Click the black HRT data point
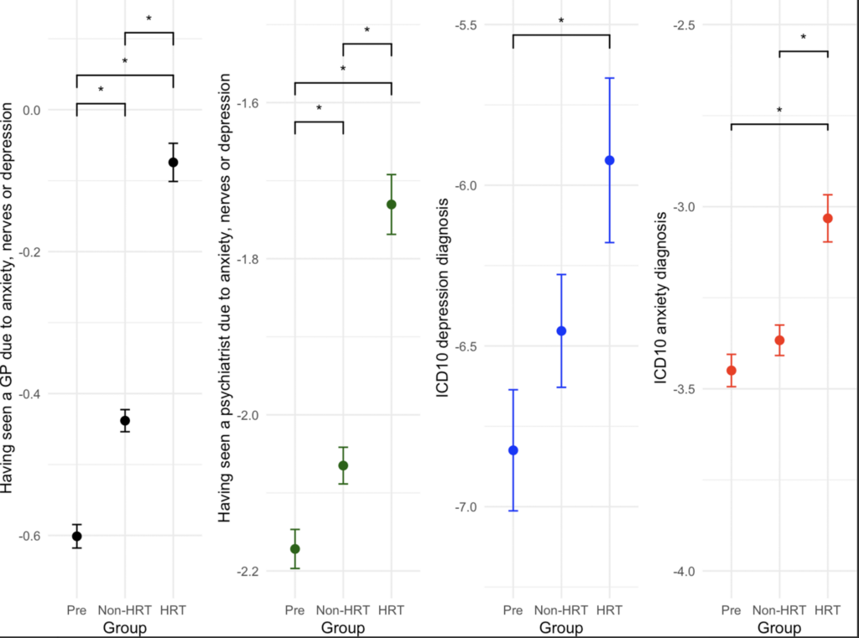pyautogui.click(x=173, y=163)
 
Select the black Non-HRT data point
pyautogui.click(x=125, y=420)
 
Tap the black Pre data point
pyautogui.click(x=76, y=537)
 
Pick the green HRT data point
pyautogui.click(x=391, y=205)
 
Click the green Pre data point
pyautogui.click(x=295, y=549)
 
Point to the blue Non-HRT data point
pyautogui.click(x=561, y=331)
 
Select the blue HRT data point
pyautogui.click(x=610, y=160)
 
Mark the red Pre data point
pyautogui.click(x=731, y=371)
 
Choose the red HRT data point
pyautogui.click(x=828, y=219)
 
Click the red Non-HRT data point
pyautogui.click(x=779, y=340)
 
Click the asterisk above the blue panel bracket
pyautogui.click(x=561, y=22)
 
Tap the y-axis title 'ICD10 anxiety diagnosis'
pyautogui.click(x=662, y=300)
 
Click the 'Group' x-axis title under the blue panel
pyautogui.click(x=561, y=628)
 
